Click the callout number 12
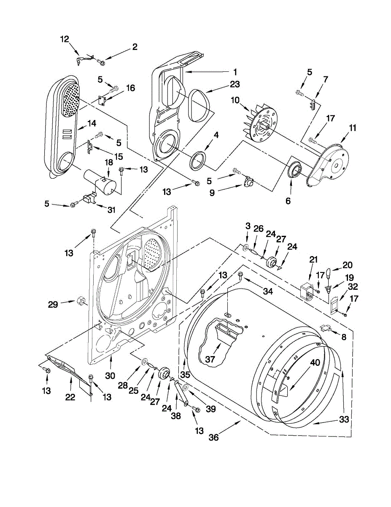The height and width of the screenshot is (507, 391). click(64, 39)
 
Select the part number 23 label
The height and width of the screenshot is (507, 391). click(235, 84)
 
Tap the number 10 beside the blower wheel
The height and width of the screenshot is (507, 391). click(235, 100)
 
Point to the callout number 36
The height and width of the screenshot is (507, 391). click(214, 437)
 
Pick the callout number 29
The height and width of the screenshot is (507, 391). click(52, 304)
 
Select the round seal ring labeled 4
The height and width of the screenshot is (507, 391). click(197, 161)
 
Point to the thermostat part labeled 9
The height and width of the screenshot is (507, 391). click(249, 183)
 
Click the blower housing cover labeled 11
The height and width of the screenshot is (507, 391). click(329, 163)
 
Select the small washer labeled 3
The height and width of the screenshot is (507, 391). click(246, 245)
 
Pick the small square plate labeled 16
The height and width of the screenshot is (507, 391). click(101, 100)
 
